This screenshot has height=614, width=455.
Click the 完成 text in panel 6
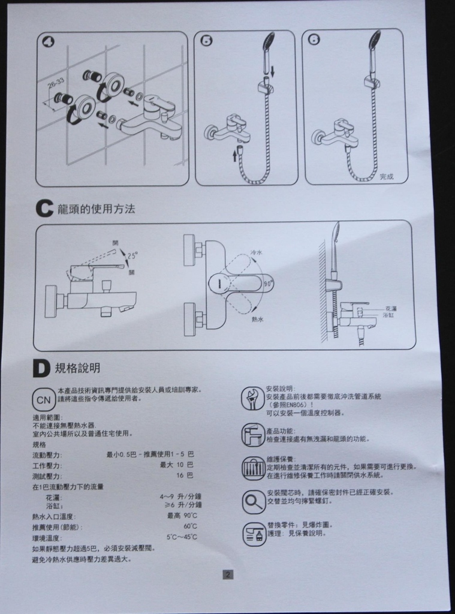point(387,176)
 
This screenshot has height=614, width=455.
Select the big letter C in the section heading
point(45,209)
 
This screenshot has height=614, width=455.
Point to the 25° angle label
point(132,254)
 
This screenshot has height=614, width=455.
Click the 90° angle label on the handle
point(267,282)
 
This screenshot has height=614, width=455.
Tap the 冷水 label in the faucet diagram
point(256,253)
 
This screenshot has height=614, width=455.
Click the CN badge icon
point(43,399)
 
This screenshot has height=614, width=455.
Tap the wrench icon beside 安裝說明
point(252,399)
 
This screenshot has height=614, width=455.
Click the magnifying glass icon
point(253,501)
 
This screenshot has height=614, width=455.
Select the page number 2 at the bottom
point(228,574)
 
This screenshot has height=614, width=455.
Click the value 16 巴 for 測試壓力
point(185,475)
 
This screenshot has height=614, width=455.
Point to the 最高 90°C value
point(182,516)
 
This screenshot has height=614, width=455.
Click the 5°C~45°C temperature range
point(182,537)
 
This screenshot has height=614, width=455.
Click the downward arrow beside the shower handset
point(273,71)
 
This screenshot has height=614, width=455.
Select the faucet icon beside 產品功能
point(252,434)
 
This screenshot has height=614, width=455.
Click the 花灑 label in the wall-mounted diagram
point(390,308)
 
